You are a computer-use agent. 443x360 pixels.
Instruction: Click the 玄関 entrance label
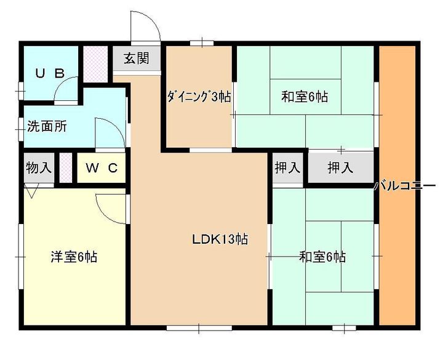point(136,58)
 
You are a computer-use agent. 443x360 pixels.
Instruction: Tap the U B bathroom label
point(49,73)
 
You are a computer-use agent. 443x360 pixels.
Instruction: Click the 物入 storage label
point(39,167)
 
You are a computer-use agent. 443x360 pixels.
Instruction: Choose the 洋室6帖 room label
point(74,257)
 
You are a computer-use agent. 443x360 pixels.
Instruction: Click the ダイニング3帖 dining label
point(198,97)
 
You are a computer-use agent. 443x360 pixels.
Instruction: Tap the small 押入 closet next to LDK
point(287,167)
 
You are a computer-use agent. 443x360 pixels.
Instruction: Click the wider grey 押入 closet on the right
point(340,167)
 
